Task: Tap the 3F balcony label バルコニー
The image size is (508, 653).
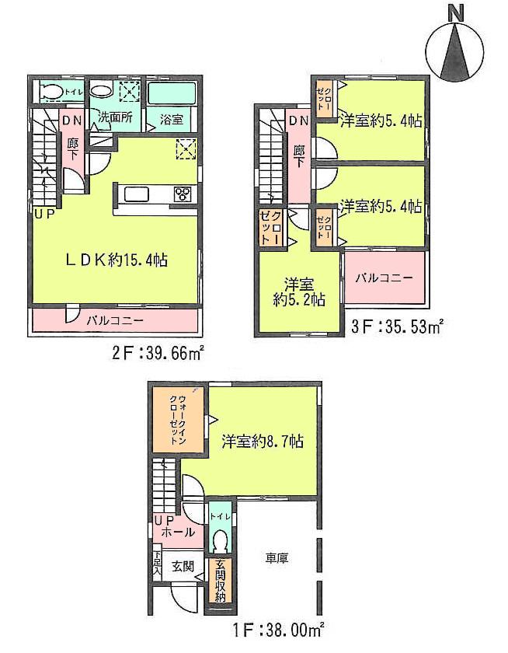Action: [384, 278]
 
